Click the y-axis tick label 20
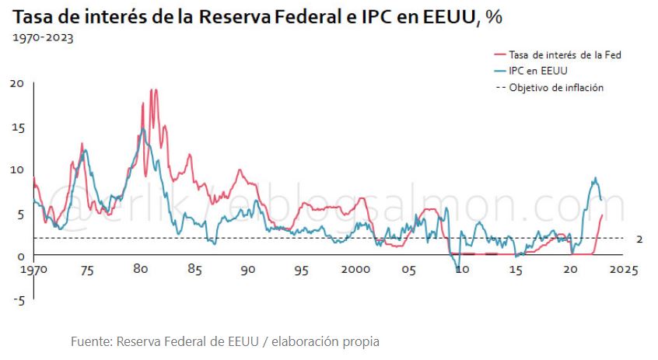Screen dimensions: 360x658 (16, 83)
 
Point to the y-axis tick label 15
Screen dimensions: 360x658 (16, 127)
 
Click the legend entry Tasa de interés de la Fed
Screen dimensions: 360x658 (564, 54)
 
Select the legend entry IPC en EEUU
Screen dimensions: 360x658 (537, 71)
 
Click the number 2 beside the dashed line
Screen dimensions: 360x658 (639, 239)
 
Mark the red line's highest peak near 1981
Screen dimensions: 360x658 (153, 90)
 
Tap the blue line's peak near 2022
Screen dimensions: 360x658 (595, 178)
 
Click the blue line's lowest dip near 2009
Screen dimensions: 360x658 (458, 268)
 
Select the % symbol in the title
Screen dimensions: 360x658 (492, 17)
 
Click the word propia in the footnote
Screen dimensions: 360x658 (361, 341)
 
